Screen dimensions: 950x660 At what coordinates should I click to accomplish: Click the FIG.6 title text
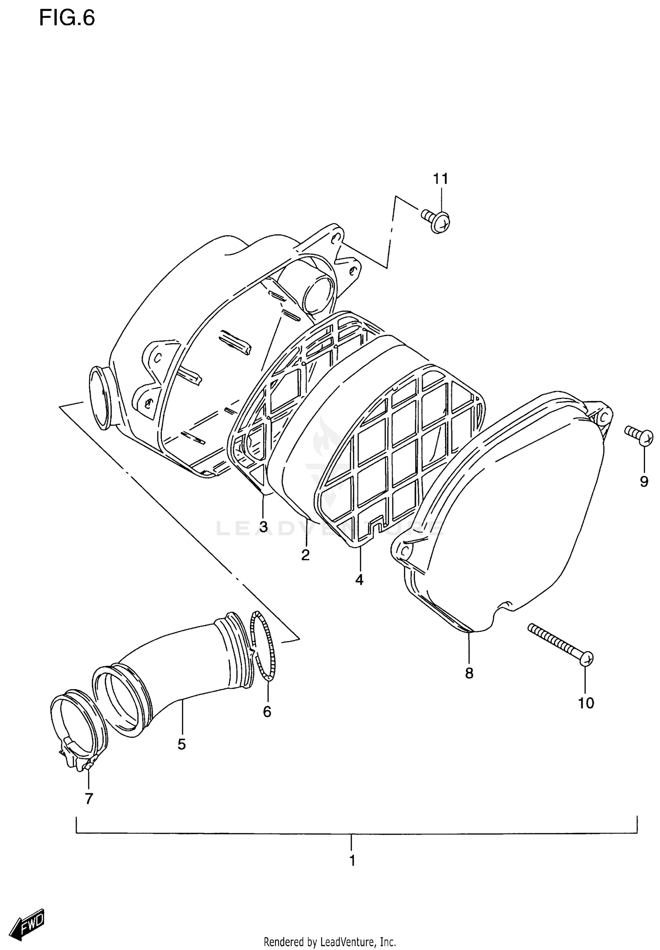[67, 18]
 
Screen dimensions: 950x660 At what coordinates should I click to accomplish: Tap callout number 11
[440, 179]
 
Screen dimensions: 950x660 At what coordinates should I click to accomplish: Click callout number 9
[644, 481]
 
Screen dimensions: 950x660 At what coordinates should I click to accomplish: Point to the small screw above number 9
[638, 436]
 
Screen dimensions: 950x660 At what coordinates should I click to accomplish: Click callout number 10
[586, 703]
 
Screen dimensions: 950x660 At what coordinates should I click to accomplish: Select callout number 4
[359, 580]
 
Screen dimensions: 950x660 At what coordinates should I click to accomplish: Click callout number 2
[305, 555]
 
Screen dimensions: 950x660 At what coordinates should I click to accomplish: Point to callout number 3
[263, 527]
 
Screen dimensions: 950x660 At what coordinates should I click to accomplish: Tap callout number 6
[267, 712]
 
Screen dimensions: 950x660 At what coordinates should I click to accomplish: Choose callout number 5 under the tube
[182, 744]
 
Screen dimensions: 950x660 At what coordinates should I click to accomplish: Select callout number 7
[89, 798]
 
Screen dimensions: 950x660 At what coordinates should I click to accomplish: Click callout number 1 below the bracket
[352, 860]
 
